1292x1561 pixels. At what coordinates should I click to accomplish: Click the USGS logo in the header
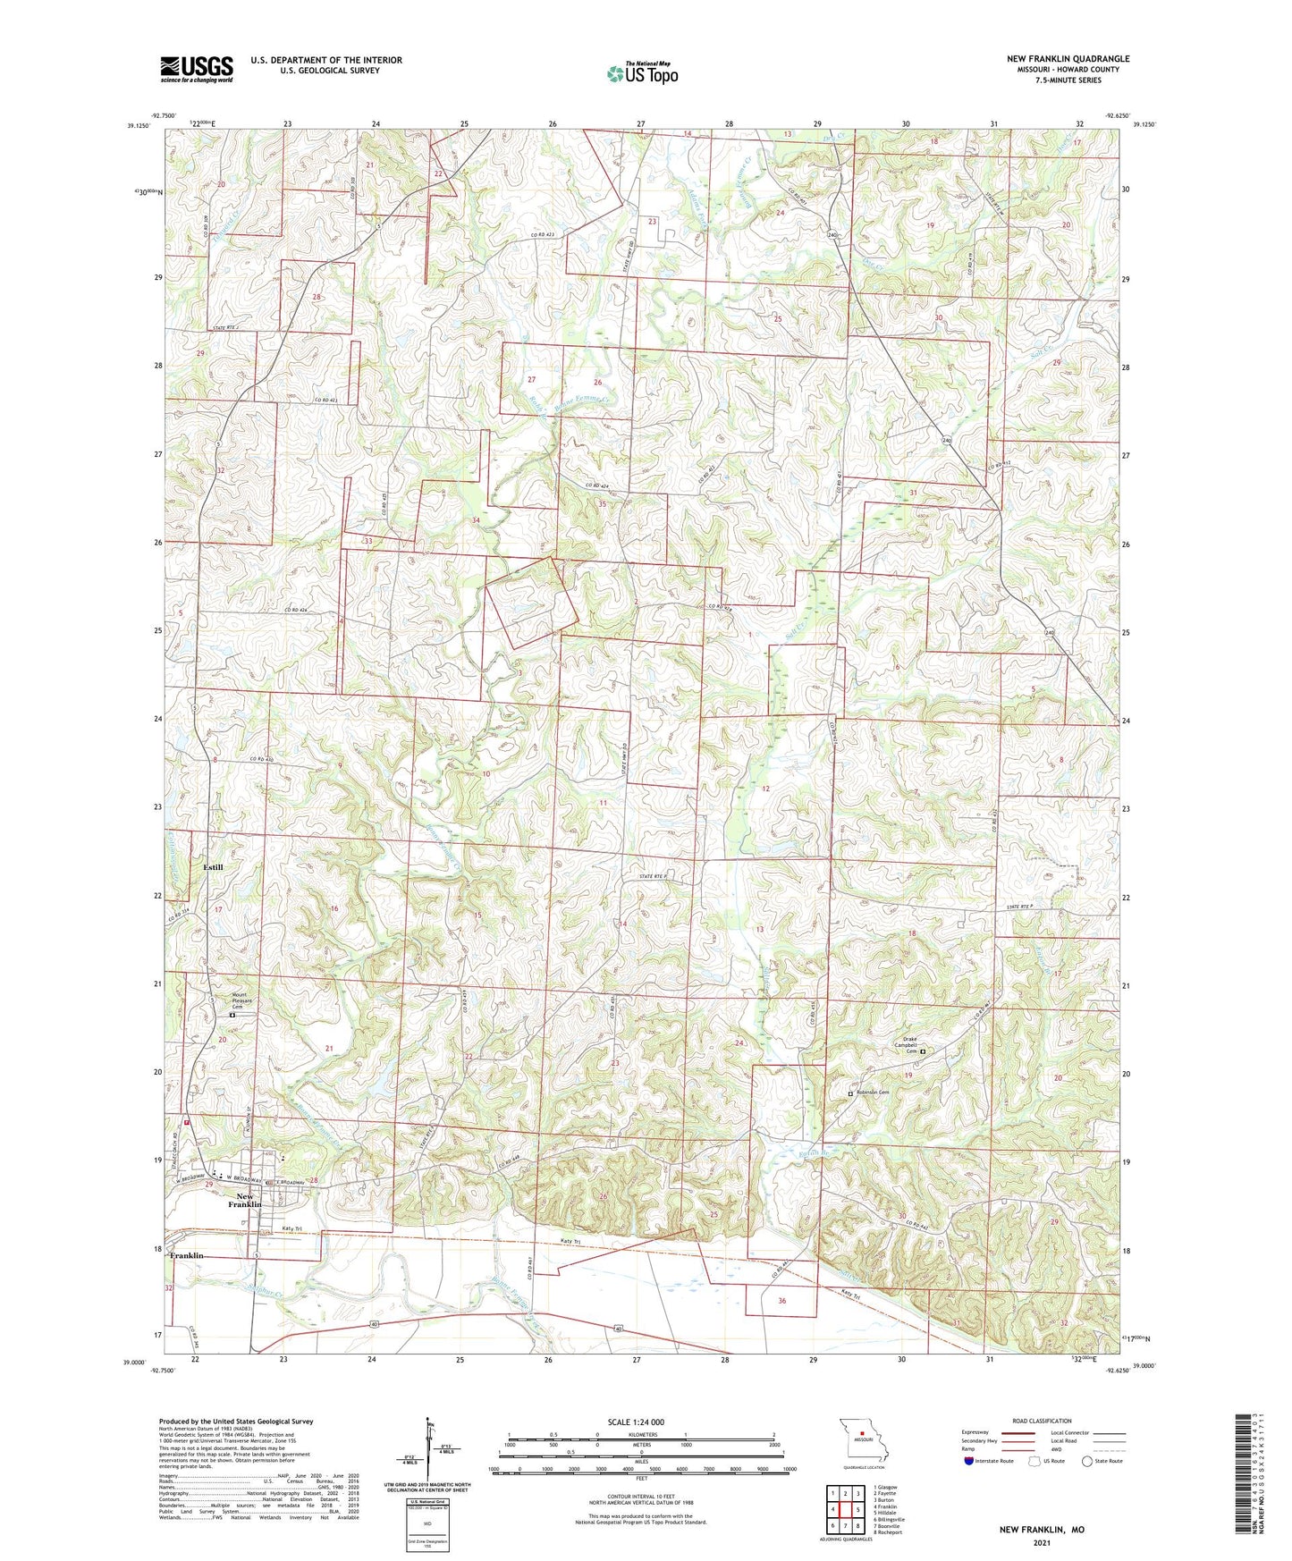click(197, 69)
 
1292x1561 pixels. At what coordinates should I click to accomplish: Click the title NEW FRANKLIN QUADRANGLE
click(1068, 59)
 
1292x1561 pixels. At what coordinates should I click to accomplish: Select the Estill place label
click(213, 867)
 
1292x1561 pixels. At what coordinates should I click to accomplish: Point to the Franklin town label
click(187, 1256)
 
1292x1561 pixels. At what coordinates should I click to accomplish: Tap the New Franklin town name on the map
click(244, 1201)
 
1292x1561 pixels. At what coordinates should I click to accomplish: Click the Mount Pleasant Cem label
click(242, 1000)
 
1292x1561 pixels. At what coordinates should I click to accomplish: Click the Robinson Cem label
click(873, 1093)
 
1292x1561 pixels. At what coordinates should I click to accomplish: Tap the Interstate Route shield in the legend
click(969, 1461)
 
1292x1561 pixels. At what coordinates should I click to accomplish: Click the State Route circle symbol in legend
click(1087, 1461)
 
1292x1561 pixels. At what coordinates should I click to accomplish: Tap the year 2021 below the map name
click(1042, 1543)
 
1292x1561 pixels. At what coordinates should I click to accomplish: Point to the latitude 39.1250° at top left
click(137, 126)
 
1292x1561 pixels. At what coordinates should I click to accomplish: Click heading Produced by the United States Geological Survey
click(236, 1421)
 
